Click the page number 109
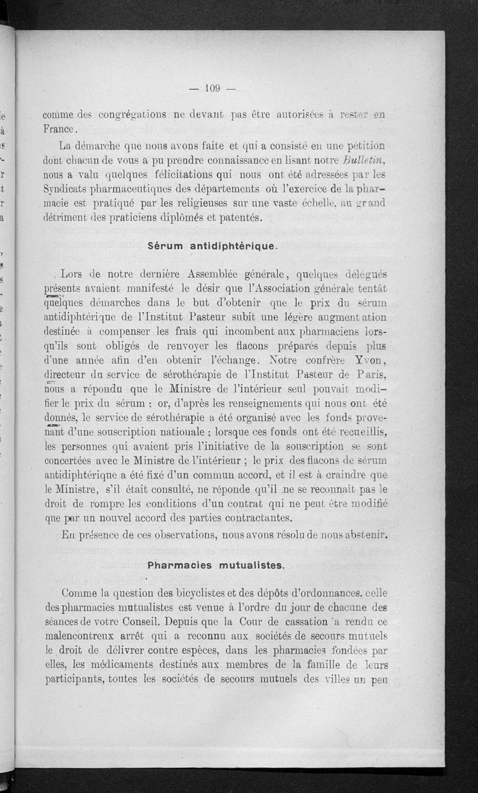[213, 89]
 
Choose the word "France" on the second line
[60, 129]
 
